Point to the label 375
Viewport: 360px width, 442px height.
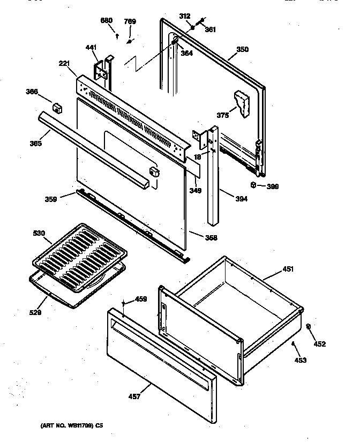click(223, 115)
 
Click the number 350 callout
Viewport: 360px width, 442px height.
click(243, 49)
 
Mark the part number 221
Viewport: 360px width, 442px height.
click(65, 63)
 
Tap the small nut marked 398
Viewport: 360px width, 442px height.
click(253, 185)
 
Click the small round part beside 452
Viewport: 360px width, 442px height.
click(309, 326)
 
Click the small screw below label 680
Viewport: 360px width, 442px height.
click(117, 36)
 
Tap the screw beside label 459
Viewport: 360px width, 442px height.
click(124, 303)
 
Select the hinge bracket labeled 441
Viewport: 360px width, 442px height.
click(101, 69)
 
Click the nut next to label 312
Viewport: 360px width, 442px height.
click(192, 27)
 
